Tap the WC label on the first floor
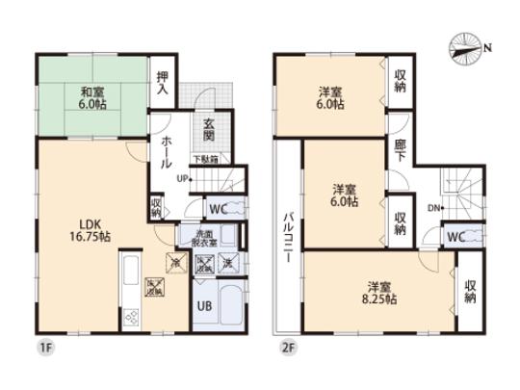(219, 206)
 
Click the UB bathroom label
(204, 306)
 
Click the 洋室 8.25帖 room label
(378, 291)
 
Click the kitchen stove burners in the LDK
(130, 317)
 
